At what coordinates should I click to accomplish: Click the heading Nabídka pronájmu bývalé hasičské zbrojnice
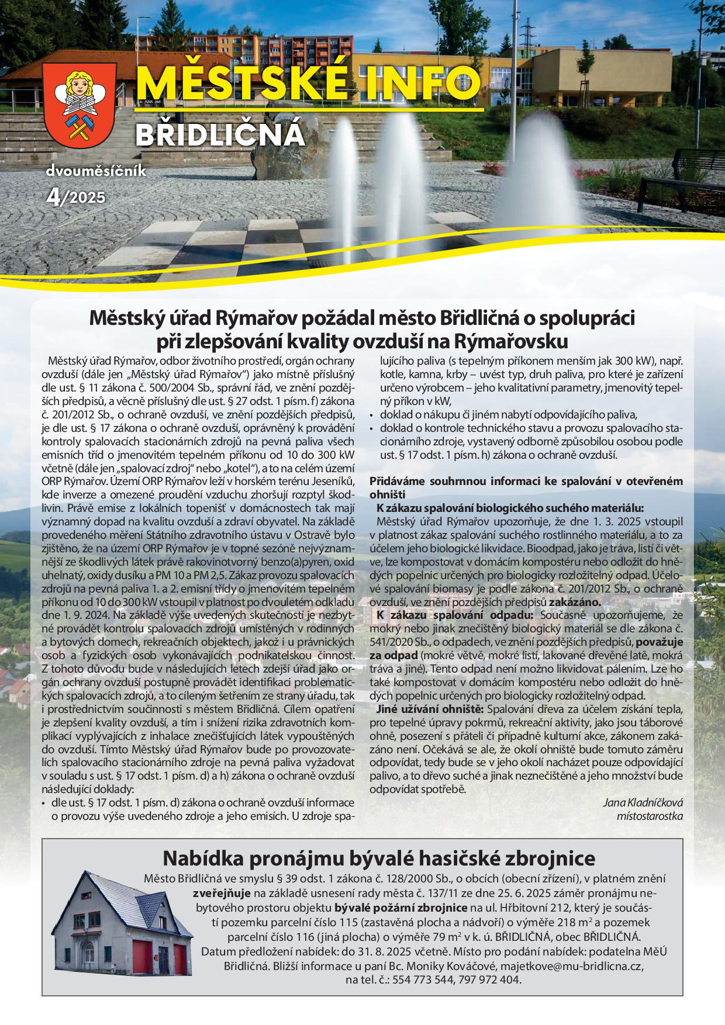coord(379,858)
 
